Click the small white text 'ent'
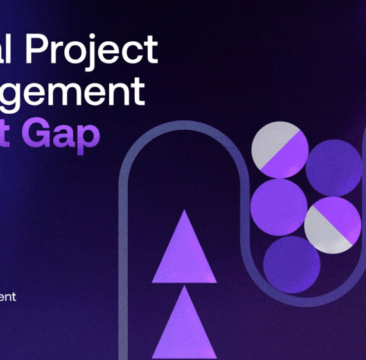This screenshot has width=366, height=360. point(8,296)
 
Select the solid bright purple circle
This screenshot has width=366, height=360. point(278,206)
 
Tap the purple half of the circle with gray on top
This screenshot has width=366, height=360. point(288,159)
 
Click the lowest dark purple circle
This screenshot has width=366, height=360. point(292,264)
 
